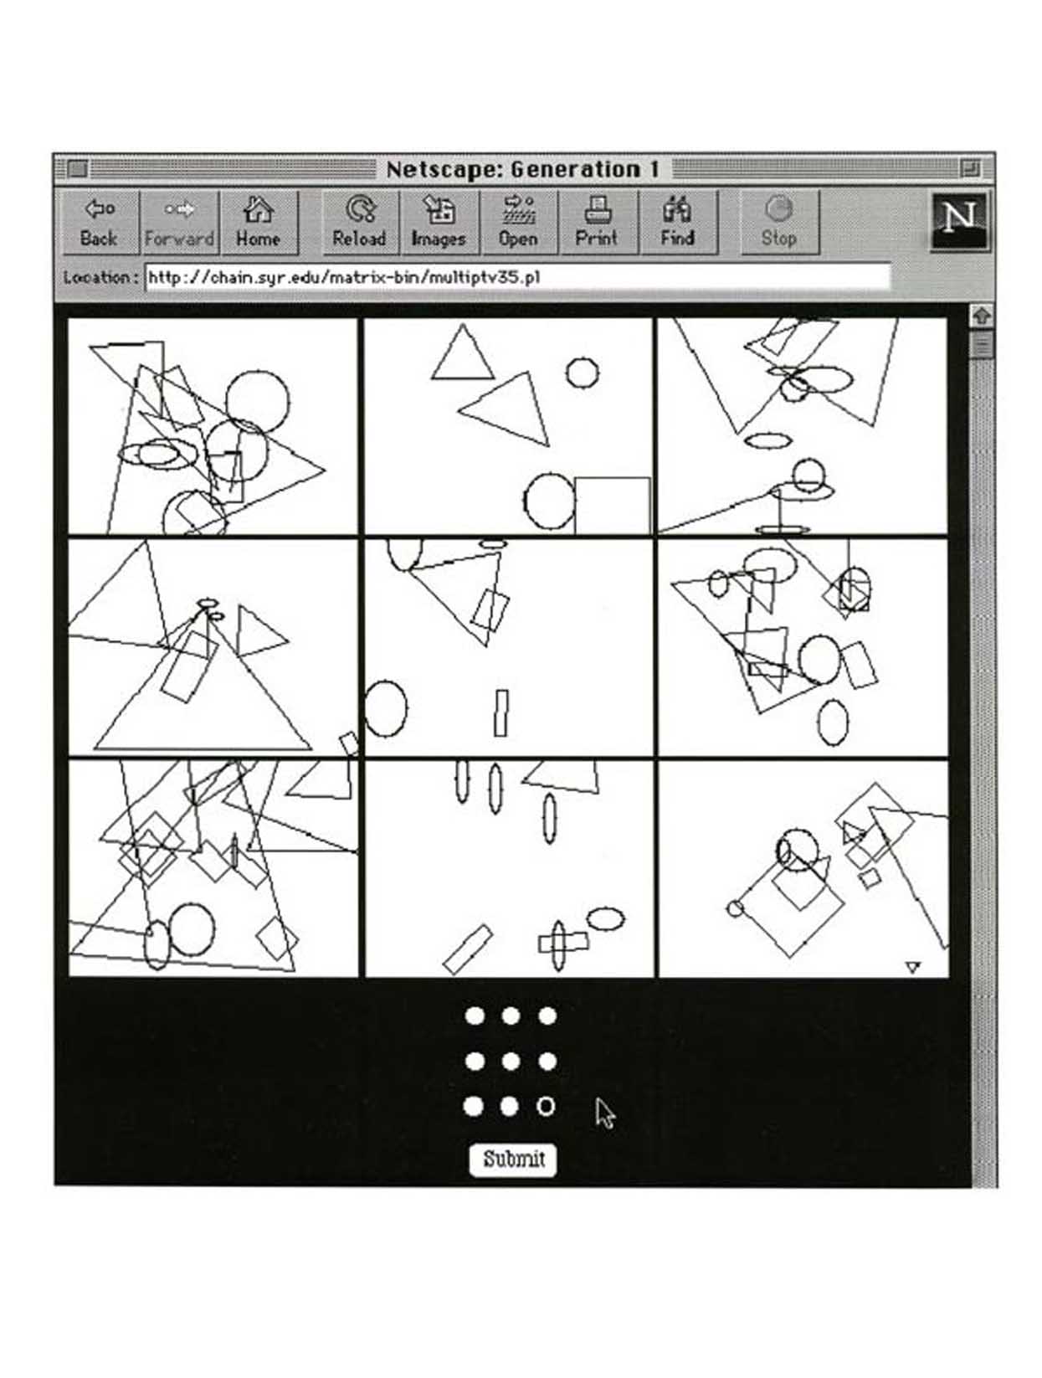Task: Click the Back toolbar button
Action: pos(100,222)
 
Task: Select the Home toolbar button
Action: pos(259,222)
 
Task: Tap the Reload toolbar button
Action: pos(359,222)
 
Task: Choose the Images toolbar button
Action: pos(439,222)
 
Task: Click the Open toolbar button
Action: pos(518,222)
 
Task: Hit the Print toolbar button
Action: pos(598,222)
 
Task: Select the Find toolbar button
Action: pos(677,222)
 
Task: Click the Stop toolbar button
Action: pos(779,222)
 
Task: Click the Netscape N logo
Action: pos(958,222)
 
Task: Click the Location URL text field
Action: pos(517,277)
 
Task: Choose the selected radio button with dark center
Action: pos(546,1106)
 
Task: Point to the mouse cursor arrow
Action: pos(605,1113)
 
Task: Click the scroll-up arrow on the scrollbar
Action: pos(982,315)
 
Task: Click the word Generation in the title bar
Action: pos(576,169)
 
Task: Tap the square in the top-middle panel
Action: pos(612,506)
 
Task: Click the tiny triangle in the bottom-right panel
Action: pos(913,968)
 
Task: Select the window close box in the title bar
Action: pos(77,169)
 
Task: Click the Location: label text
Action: pos(100,277)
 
